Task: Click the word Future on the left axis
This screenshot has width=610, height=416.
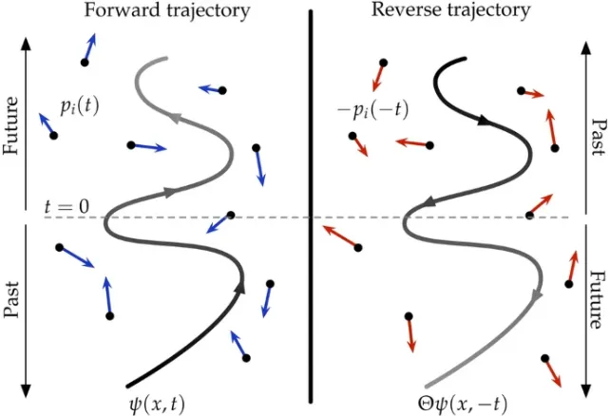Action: [x=12, y=123]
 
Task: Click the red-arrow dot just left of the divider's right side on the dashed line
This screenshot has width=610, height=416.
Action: [x=358, y=248]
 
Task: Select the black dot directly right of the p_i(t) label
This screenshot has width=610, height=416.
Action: [x=131, y=145]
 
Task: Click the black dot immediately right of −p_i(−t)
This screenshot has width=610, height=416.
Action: [x=431, y=145]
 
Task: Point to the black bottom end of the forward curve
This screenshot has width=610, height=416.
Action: [x=127, y=377]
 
